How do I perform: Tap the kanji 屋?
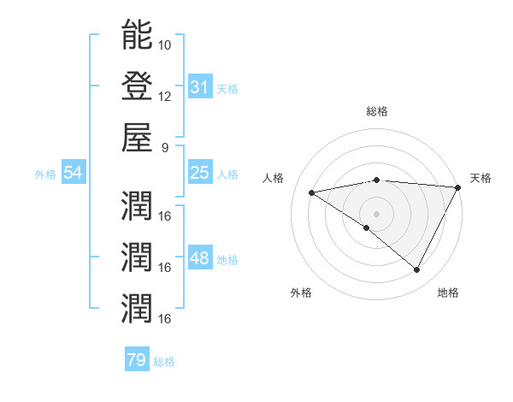138,137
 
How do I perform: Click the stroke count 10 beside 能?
165,44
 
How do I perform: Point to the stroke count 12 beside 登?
165,96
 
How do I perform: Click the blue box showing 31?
200,86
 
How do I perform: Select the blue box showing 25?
200,173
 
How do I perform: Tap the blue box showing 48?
200,258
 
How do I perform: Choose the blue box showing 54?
73,173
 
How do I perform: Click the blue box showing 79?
137,360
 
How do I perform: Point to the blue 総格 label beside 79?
164,362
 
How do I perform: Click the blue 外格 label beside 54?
45,174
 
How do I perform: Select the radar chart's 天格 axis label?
481,178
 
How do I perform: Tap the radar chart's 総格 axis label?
377,111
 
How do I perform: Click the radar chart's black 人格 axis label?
274,178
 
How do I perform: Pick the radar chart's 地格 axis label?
448,293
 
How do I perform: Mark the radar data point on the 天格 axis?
459,187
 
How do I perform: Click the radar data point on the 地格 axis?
417,270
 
